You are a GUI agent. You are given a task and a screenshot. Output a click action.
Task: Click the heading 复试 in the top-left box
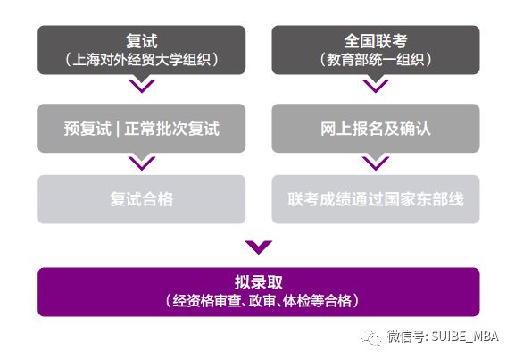pos(142,41)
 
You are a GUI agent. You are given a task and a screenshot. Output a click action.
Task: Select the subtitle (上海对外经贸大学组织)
pos(142,60)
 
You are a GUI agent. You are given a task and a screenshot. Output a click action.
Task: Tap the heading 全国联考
pos(376,41)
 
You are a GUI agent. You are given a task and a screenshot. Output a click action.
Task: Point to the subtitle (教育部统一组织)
pos(376,60)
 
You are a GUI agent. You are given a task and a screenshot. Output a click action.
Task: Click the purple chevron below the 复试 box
pos(142,86)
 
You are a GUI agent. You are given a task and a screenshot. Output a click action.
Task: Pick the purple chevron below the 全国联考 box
pos(376,86)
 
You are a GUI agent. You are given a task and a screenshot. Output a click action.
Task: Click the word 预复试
pos(87,129)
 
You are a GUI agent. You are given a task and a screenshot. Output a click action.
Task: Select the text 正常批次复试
pos(171,129)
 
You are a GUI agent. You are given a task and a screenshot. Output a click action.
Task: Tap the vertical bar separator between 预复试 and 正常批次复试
pos(118,129)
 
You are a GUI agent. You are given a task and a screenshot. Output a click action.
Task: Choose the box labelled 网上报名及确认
pos(376,129)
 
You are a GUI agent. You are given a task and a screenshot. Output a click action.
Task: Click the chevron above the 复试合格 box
pos(142,163)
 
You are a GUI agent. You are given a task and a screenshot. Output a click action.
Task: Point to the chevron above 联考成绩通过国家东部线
pos(376,163)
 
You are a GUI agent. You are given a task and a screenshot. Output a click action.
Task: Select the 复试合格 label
pos(142,199)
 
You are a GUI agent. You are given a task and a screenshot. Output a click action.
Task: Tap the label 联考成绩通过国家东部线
pos(376,199)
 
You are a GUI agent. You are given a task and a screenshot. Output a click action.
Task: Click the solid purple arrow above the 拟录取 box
pos(259,247)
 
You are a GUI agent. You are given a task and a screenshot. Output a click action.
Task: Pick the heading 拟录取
pos(259,282)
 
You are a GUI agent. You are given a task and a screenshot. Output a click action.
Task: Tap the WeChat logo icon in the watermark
pos(371,338)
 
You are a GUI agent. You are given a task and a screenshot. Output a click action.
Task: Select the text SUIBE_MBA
pos(465,337)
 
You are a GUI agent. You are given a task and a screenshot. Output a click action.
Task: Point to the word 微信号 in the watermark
pos(405,337)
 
